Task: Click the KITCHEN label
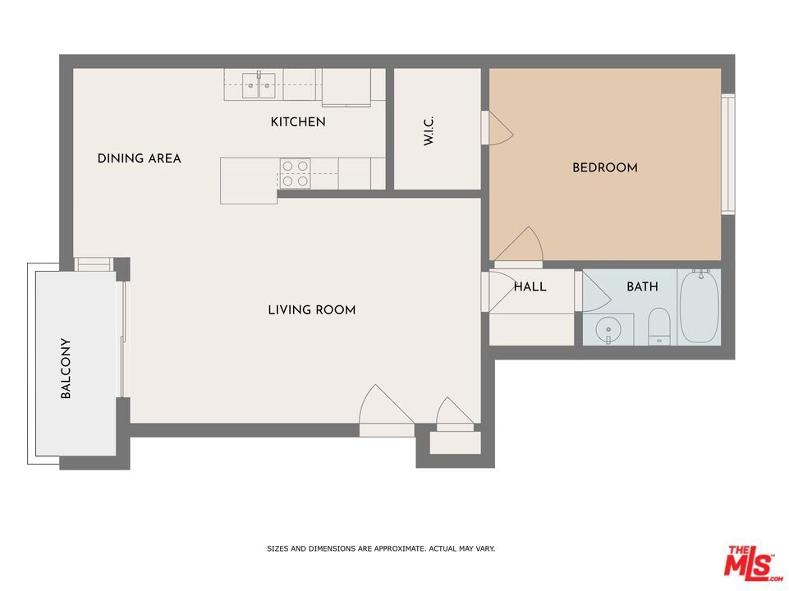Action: (298, 121)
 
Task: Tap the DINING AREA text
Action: (139, 158)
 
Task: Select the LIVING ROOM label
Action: (312, 309)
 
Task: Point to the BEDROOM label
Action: (605, 167)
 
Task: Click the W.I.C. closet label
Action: (429, 131)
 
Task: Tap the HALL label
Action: (530, 286)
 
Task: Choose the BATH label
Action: (642, 286)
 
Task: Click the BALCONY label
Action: (66, 369)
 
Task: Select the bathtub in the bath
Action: (699, 307)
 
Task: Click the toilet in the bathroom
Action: (658, 327)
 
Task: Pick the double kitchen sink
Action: (259, 85)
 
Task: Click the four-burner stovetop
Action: (295, 173)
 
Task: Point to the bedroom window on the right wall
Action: (728, 154)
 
